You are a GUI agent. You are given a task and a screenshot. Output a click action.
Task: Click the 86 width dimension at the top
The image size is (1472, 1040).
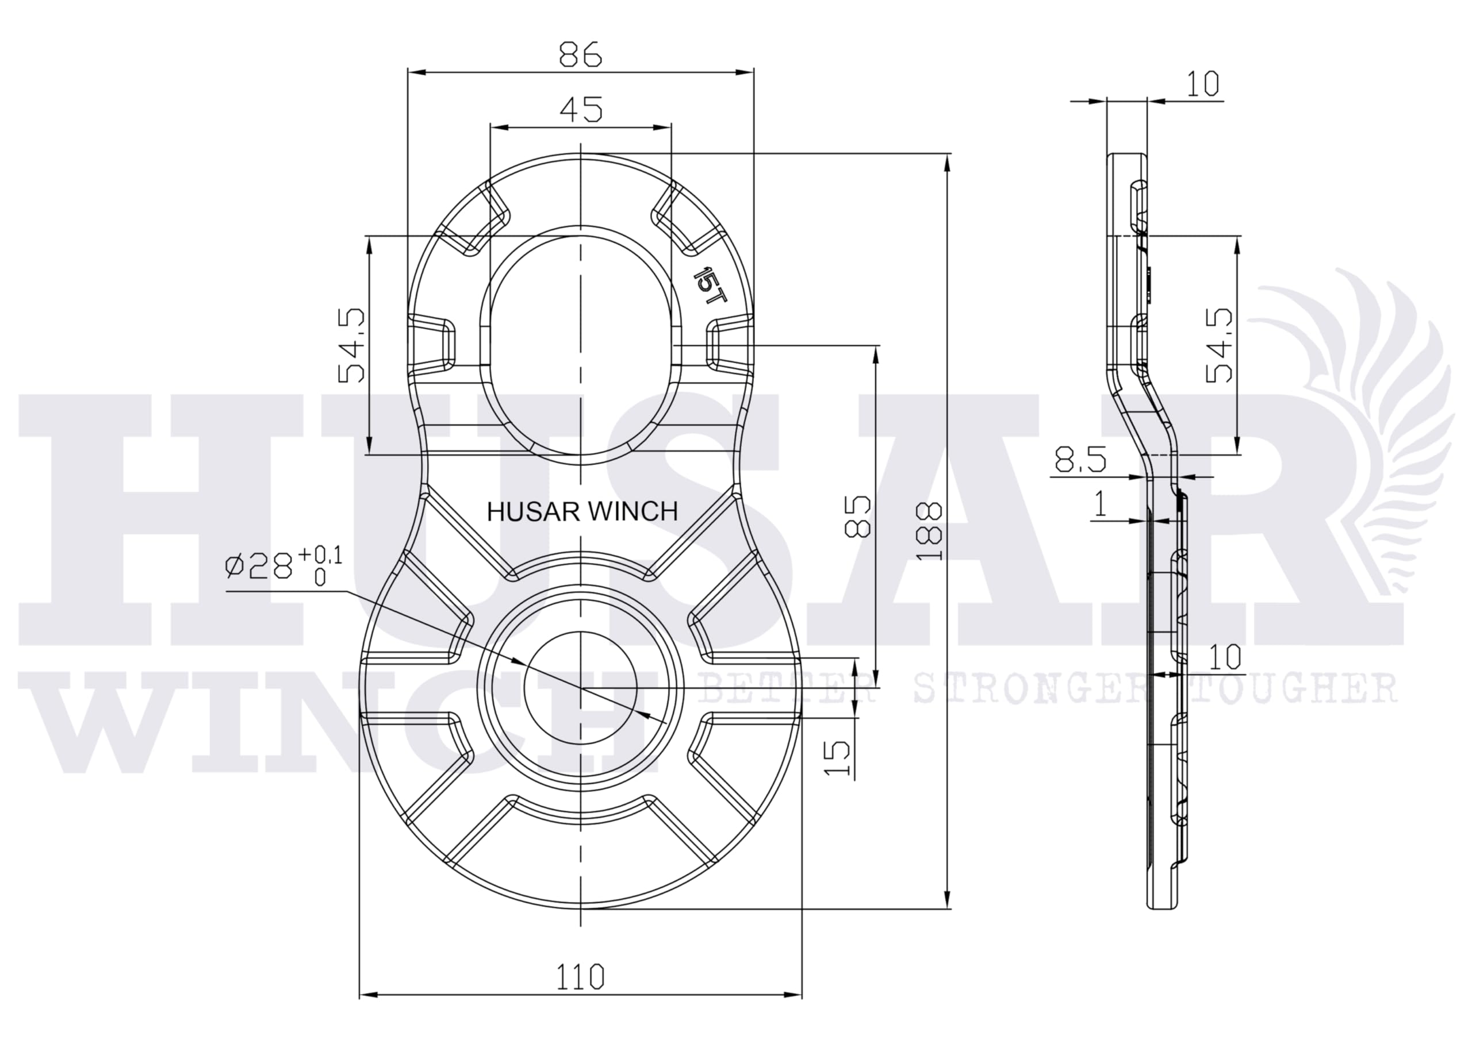point(580,55)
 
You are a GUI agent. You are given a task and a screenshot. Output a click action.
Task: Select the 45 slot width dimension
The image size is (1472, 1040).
point(581,110)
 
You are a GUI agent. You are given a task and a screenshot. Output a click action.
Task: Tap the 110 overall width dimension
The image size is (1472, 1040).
point(580,977)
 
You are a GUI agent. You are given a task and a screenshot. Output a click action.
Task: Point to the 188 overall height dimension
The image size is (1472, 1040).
point(930,531)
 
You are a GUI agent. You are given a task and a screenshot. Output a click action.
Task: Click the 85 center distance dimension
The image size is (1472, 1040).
point(858,516)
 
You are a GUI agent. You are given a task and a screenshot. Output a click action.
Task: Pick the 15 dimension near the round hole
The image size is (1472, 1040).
point(837,758)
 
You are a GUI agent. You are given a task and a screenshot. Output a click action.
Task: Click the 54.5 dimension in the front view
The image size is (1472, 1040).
point(351,346)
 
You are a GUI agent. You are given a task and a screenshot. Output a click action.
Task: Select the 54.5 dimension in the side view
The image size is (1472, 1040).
point(1219,345)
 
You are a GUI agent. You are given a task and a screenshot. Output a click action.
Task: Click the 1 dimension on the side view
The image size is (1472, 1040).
point(1100,504)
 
